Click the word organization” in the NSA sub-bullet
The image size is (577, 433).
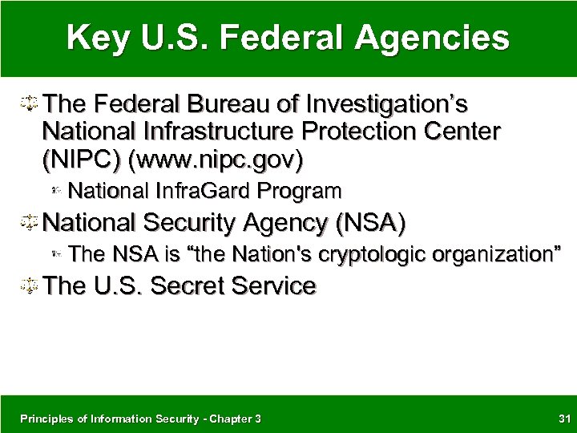tap(495, 255)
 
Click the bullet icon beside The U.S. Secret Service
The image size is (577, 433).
tap(30, 286)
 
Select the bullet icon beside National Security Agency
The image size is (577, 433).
tap(30, 221)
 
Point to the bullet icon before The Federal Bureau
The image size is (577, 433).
tap(30, 105)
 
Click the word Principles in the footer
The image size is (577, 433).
tap(42, 417)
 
